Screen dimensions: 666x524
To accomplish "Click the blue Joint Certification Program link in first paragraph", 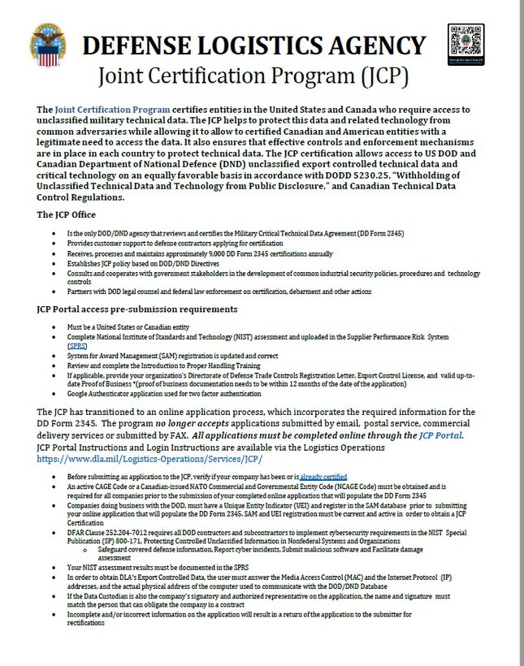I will pos(113,110).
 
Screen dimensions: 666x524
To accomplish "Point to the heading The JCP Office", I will pos(67,215).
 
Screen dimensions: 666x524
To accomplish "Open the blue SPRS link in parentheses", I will pos(79,346).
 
